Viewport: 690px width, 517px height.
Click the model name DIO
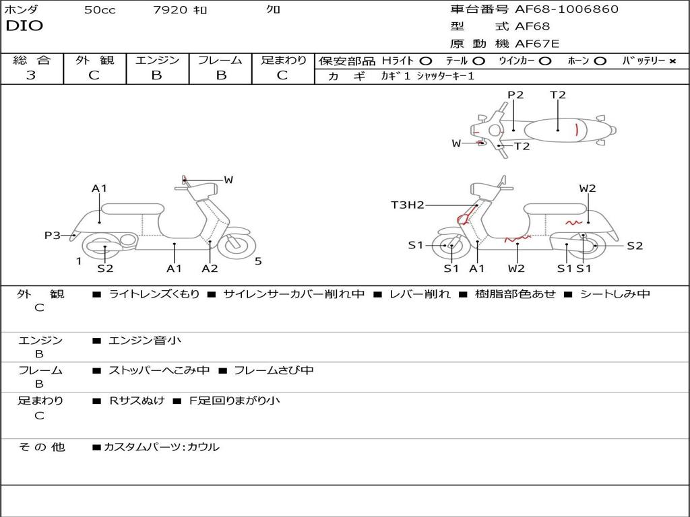pos(24,26)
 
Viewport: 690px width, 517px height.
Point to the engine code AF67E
pos(537,44)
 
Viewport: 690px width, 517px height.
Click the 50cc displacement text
pos(99,10)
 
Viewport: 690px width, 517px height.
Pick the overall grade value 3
pos(31,75)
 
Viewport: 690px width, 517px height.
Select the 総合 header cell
pos(32,61)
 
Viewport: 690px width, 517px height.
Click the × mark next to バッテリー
pos(672,61)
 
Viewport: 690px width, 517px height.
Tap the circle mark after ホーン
pos(600,61)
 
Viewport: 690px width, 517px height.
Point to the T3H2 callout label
pos(407,205)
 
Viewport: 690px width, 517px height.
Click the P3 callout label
pos(52,236)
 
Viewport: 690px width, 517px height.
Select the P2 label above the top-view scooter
pos(515,95)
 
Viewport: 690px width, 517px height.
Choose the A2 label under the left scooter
pos(210,269)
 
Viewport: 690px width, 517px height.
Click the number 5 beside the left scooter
pos(258,261)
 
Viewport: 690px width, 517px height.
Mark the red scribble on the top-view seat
pos(577,129)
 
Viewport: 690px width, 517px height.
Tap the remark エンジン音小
pos(145,341)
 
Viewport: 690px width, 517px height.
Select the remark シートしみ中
pos(614,294)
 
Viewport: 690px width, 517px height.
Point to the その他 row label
pos(41,446)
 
